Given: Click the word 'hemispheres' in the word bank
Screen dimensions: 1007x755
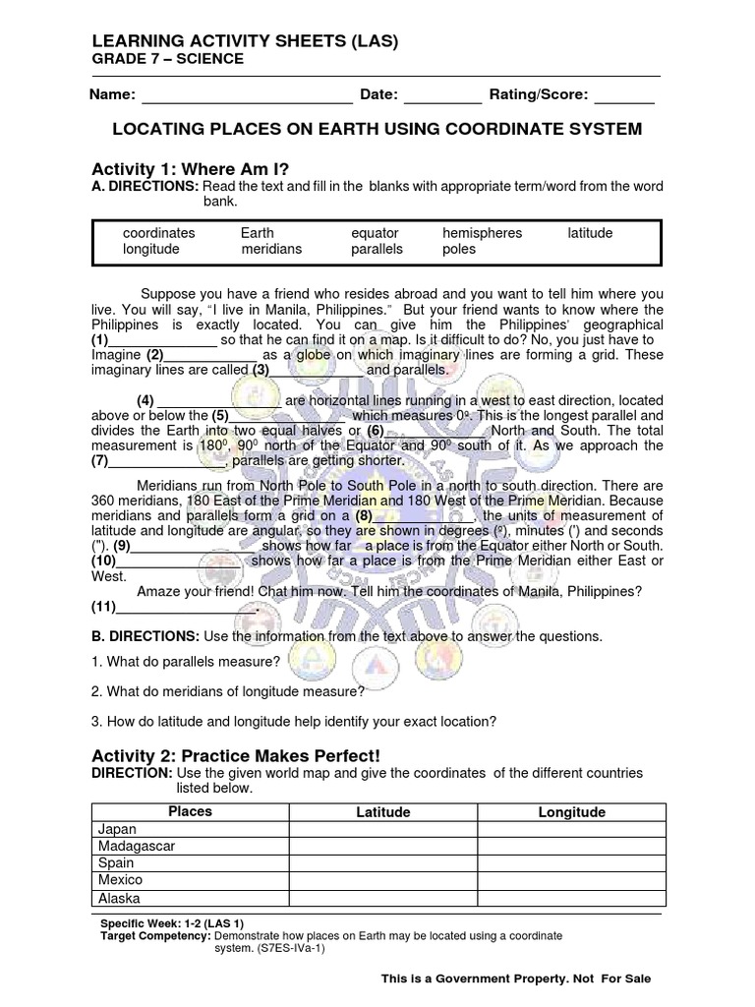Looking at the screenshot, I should click(482, 233).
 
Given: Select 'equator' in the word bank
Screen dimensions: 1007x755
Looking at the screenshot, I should click(375, 233).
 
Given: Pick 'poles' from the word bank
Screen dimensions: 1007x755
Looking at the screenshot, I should click(458, 249).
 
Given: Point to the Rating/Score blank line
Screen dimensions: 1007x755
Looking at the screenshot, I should click(624, 96).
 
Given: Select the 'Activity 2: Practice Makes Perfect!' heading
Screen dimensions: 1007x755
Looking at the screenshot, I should click(235, 754).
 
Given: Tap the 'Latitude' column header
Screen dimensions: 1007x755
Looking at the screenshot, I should click(382, 812).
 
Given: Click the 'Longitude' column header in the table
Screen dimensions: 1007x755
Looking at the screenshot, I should click(571, 812).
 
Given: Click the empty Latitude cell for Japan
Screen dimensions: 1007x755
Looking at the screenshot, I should click(382, 829).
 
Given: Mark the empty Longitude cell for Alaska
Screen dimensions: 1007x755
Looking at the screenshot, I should click(571, 898).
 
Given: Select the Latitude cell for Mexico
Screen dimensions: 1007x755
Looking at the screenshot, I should click(382, 880).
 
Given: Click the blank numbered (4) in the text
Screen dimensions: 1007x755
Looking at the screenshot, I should click(219, 400).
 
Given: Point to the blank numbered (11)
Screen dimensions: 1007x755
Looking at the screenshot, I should click(187, 606).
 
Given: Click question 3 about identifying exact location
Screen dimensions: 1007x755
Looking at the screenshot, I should click(293, 721).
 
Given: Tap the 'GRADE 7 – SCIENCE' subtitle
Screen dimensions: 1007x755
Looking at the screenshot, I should click(167, 59).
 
